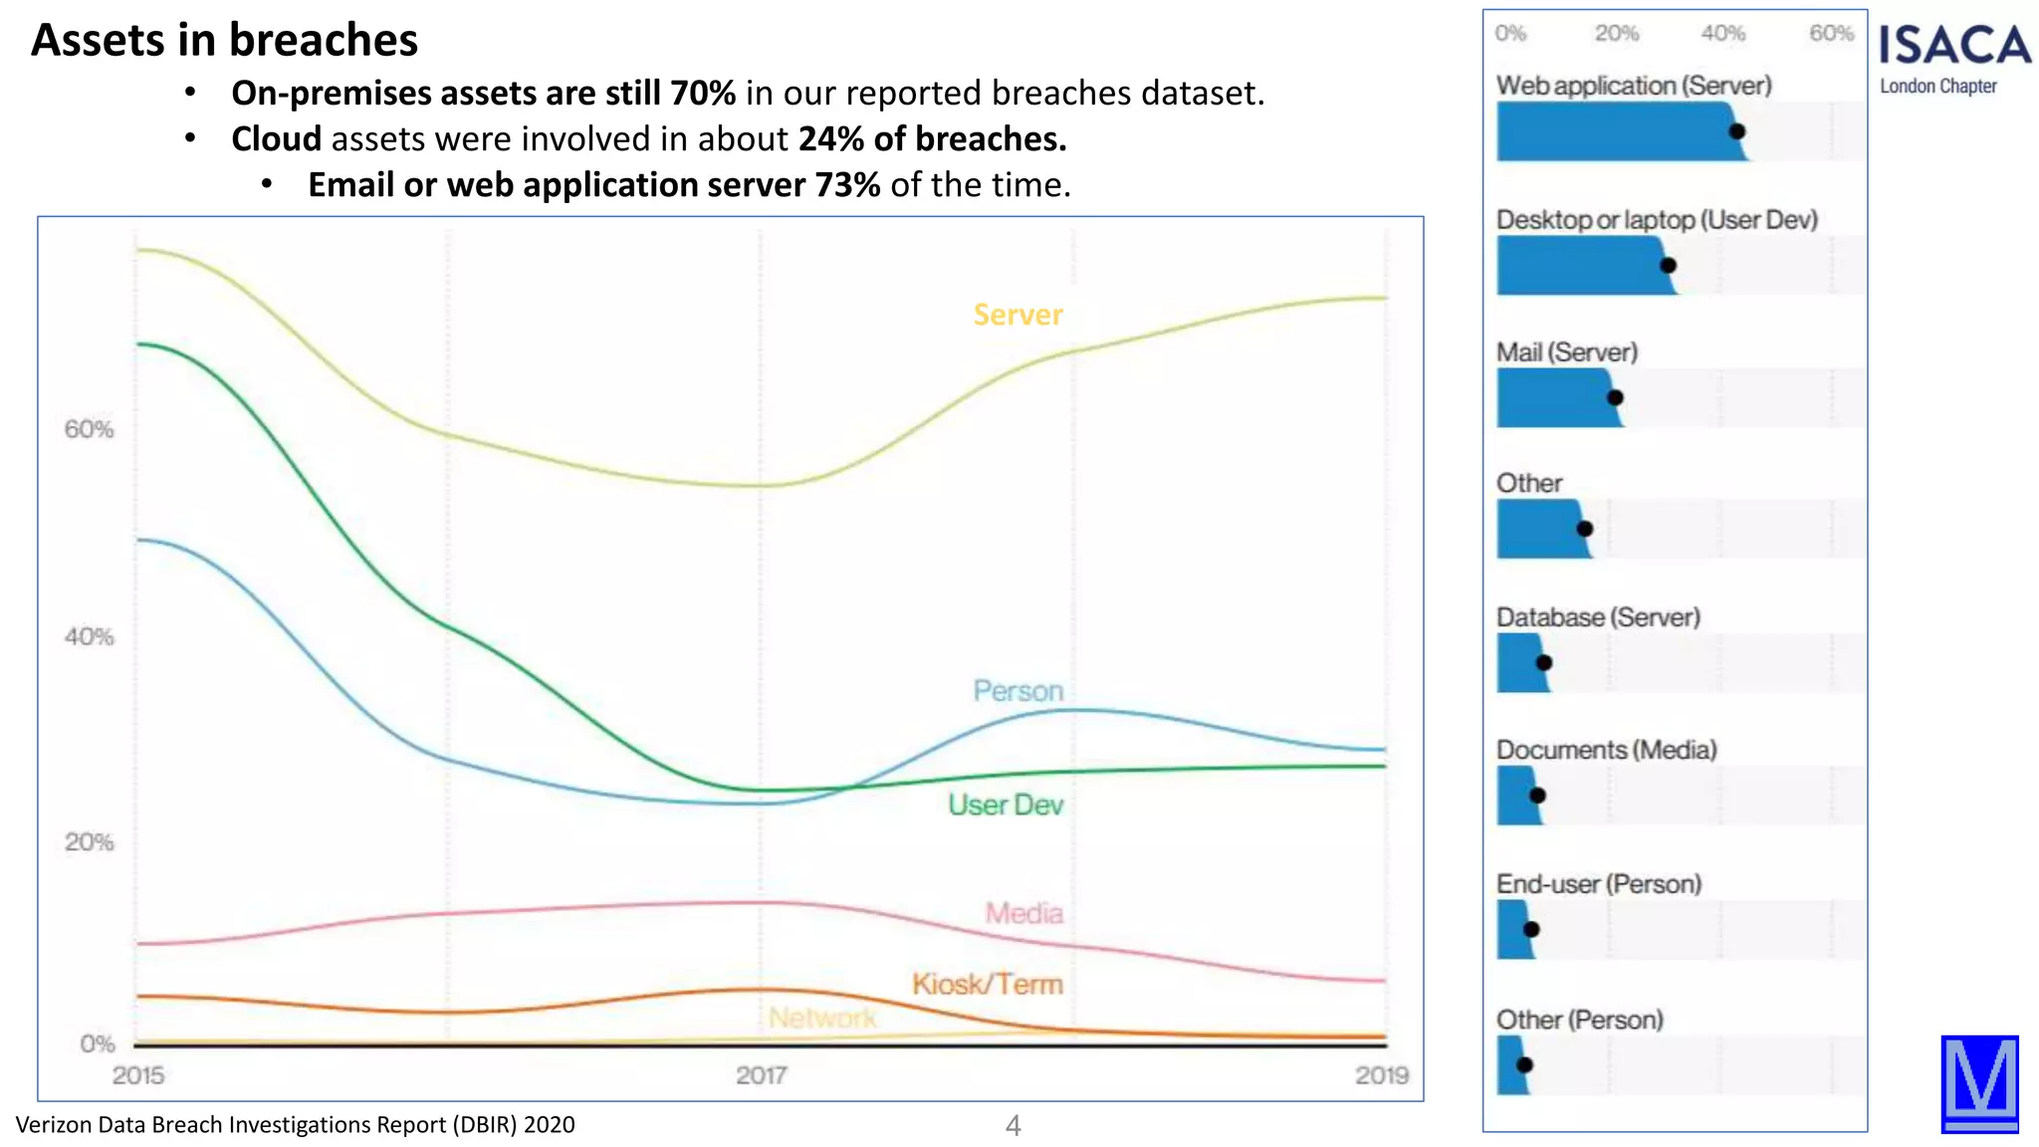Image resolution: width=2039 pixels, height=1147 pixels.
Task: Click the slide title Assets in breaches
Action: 224,41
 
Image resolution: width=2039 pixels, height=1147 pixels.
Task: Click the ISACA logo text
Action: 1953,46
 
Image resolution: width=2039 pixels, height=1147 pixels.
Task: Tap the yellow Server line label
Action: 1018,315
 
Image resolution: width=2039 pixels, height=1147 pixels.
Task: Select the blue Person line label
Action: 1018,691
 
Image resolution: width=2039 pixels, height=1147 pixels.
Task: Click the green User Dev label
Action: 1005,804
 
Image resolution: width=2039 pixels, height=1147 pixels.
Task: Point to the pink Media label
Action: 1023,913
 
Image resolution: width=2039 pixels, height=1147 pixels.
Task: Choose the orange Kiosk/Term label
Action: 987,984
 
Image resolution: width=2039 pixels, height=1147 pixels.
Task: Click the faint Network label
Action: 822,1018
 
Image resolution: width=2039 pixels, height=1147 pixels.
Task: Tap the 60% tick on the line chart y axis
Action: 89,429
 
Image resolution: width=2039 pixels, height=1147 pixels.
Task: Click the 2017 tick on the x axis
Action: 761,1075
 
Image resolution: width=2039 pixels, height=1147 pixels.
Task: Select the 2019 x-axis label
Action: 1381,1075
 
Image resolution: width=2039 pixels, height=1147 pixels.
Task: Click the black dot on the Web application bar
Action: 1736,131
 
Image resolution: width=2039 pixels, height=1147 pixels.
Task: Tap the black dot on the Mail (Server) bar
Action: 1615,397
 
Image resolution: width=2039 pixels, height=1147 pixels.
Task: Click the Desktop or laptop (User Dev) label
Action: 1657,219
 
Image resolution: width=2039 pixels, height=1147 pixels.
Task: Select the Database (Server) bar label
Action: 1598,617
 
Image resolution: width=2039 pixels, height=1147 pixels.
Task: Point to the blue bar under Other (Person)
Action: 1509,1065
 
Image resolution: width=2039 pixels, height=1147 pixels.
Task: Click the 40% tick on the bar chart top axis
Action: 1722,33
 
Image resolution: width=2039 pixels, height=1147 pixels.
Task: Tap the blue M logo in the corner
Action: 1979,1083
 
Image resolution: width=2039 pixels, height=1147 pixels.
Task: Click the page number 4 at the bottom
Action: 1013,1126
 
